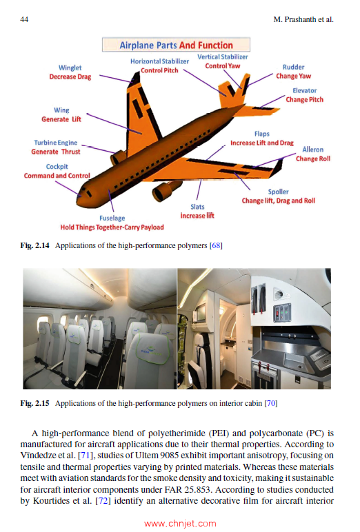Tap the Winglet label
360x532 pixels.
point(70,68)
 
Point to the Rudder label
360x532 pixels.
point(293,68)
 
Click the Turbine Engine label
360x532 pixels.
point(55,143)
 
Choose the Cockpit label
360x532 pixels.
point(57,167)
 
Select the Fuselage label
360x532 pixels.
point(111,218)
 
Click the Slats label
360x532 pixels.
point(197,207)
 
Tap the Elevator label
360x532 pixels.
point(304,91)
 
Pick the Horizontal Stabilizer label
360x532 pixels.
point(159,61)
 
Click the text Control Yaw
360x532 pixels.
point(223,65)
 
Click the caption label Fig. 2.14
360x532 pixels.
point(37,246)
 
